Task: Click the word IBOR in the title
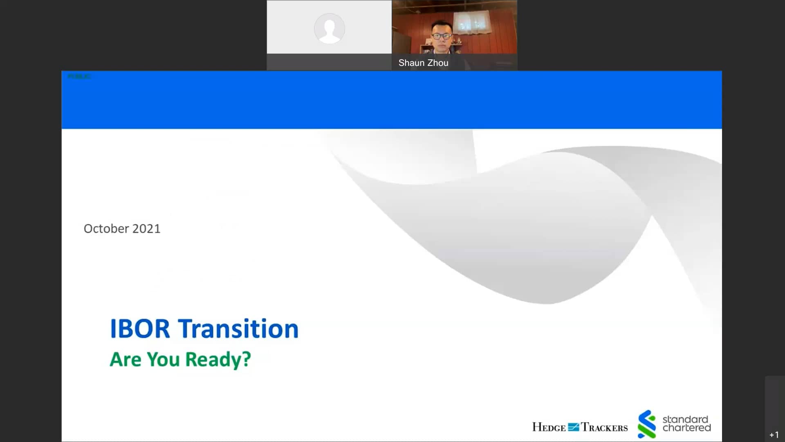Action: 140,329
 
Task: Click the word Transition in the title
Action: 238,329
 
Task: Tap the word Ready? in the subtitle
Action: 218,360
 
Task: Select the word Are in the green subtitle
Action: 126,360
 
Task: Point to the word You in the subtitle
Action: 163,360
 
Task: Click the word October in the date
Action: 106,228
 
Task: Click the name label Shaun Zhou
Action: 423,63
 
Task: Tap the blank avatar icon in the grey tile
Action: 329,29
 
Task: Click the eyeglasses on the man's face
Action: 441,36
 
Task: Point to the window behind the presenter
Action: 473,23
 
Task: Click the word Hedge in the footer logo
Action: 549,428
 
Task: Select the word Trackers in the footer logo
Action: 604,428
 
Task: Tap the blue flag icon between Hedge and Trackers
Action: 573,427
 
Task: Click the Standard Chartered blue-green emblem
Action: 646,424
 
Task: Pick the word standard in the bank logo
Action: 685,419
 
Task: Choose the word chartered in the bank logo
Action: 686,428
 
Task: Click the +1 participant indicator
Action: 774,435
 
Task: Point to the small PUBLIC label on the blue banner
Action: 79,77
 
